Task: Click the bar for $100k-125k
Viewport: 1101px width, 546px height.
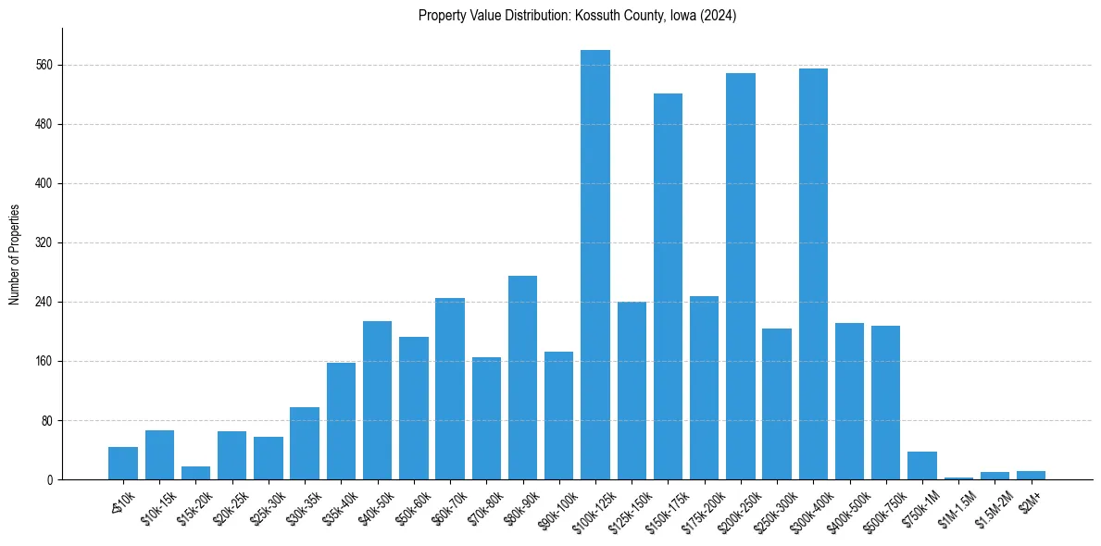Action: pyautogui.click(x=595, y=265)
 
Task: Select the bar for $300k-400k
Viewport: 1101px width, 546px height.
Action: pyautogui.click(x=813, y=274)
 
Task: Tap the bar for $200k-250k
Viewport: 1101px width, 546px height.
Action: pyautogui.click(x=741, y=276)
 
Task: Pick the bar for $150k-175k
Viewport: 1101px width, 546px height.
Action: pyautogui.click(x=668, y=286)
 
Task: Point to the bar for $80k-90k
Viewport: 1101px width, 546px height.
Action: pyautogui.click(x=522, y=378)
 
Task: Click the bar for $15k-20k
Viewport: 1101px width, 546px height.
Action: pyautogui.click(x=195, y=473)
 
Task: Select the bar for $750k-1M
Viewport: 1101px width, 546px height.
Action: pyautogui.click(x=922, y=465)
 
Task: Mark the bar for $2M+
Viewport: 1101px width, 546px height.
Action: pyautogui.click(x=1031, y=475)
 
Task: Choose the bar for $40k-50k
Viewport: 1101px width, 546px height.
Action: pyautogui.click(x=377, y=400)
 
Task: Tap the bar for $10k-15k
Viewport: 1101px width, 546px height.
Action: pyautogui.click(x=159, y=454)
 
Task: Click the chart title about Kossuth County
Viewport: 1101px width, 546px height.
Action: pyautogui.click(x=577, y=16)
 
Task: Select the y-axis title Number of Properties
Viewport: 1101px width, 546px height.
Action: pyautogui.click(x=14, y=254)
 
